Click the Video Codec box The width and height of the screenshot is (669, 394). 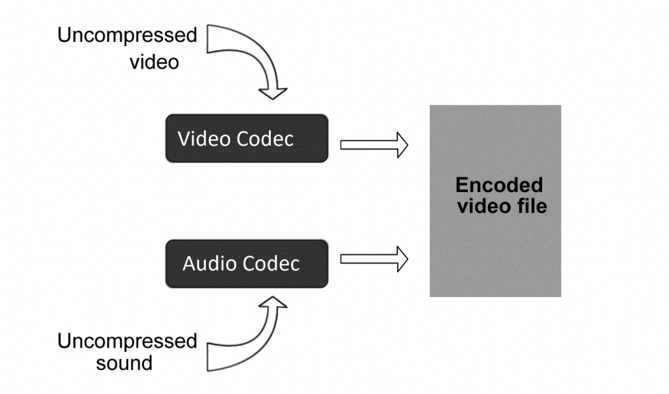[x=246, y=138]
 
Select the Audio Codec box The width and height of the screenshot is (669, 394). [x=246, y=264]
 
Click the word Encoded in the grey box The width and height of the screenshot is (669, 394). [x=499, y=185]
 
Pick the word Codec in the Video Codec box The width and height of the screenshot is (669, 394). [x=265, y=139]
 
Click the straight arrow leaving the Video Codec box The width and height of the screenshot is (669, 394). [x=373, y=145]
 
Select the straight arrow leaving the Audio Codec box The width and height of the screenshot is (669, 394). [x=373, y=259]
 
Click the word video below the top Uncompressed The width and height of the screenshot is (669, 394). [x=154, y=62]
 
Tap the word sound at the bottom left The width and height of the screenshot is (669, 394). [x=124, y=363]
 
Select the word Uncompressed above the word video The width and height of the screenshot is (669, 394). [x=127, y=35]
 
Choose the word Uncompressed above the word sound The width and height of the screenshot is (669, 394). [x=127, y=341]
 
